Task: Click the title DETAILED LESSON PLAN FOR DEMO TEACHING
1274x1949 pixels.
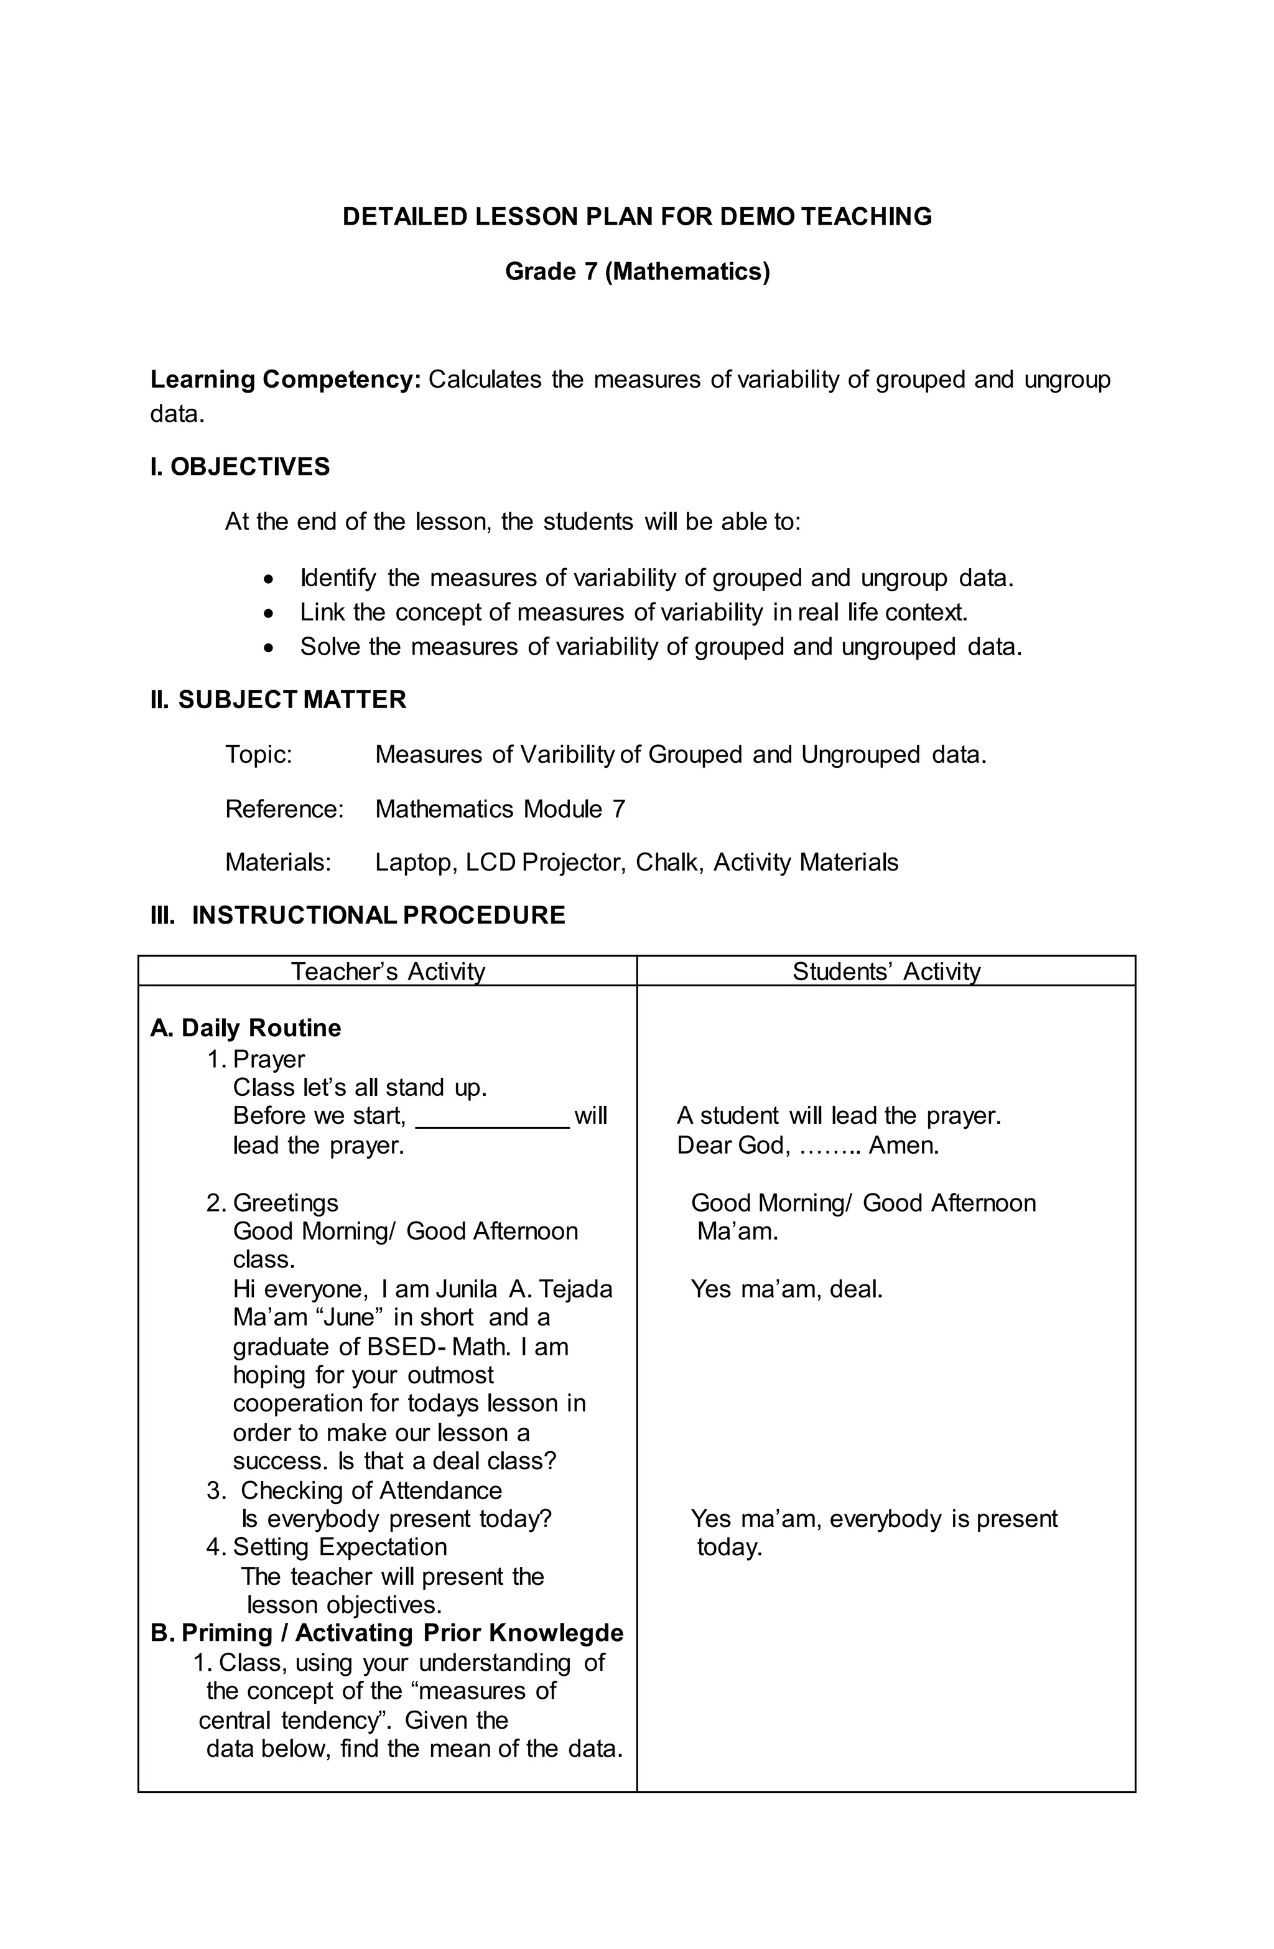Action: click(636, 217)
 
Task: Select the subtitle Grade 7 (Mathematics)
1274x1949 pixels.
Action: click(636, 272)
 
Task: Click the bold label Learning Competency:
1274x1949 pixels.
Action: click(285, 380)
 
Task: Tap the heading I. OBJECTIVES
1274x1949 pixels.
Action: click(240, 467)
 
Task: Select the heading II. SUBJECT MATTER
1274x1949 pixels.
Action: click(279, 700)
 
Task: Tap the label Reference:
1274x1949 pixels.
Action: click(284, 809)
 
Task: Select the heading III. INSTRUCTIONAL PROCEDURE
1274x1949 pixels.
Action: click(358, 915)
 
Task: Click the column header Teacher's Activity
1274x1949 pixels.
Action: click(388, 971)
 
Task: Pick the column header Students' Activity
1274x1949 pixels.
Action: click(885, 971)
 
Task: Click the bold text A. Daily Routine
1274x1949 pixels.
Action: click(246, 1028)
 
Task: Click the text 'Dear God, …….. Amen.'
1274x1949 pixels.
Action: click(807, 1145)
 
